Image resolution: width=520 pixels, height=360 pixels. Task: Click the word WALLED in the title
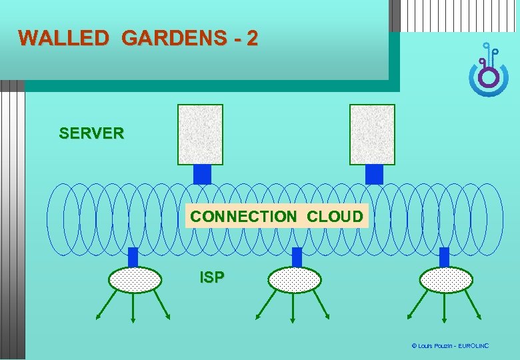pos(63,38)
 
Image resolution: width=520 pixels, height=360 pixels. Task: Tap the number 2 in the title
pos(251,38)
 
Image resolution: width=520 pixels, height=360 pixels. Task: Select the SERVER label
pos(91,133)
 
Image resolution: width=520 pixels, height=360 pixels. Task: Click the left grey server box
pos(200,134)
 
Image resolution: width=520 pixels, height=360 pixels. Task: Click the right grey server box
pos(372,134)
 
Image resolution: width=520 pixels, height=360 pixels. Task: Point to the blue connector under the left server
pos(201,174)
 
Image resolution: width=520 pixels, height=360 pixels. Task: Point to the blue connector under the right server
pos(374,174)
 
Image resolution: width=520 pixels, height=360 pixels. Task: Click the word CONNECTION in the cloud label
pos(243,217)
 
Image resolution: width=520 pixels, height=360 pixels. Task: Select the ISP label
pos(212,277)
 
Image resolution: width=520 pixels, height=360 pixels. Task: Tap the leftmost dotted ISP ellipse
pos(135,280)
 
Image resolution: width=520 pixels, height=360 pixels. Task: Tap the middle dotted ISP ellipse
pos(294,280)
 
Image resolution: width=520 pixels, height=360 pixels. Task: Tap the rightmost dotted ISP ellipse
pos(446,280)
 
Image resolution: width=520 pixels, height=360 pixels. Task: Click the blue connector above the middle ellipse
pos(297,257)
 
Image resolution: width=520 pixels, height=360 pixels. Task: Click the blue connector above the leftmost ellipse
pos(133,257)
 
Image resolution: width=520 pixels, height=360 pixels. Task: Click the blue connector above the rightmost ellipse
pos(444,257)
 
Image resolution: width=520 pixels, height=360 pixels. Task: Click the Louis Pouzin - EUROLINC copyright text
pos(450,346)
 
